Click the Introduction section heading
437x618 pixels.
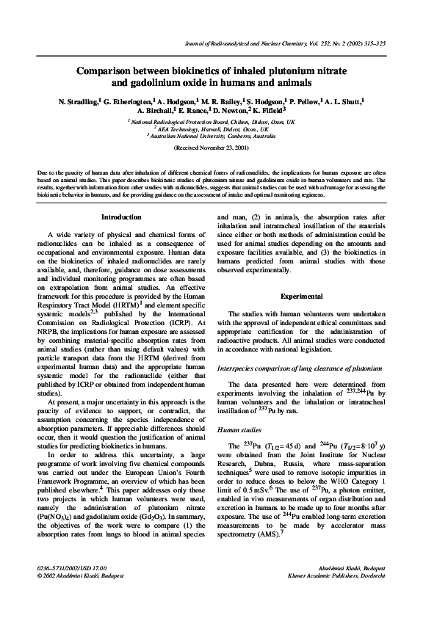pyautogui.click(x=121, y=218)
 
